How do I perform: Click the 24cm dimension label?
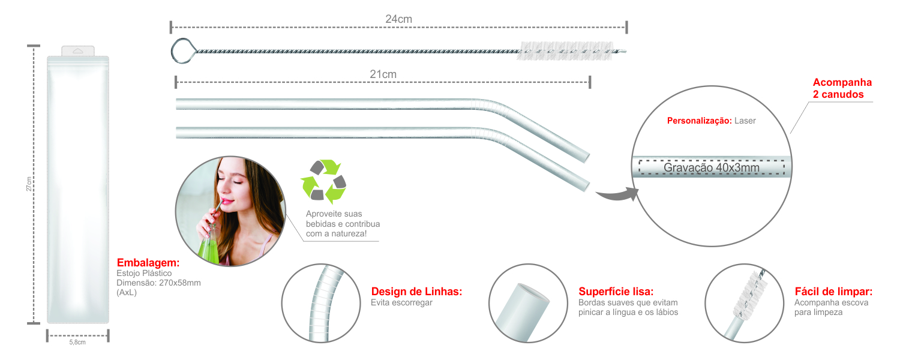[398, 19]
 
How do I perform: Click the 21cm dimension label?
[383, 74]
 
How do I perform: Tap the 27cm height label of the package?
[29, 184]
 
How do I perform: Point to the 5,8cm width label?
[77, 343]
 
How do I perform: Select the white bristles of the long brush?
[565, 51]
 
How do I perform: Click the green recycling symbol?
[323, 182]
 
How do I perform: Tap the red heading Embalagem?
[148, 263]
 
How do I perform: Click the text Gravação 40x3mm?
[711, 167]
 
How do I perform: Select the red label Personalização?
[700, 121]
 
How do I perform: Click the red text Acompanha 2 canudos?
[842, 88]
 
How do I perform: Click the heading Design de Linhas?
[416, 292]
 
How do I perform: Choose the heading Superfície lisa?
[616, 292]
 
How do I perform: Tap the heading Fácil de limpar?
[833, 292]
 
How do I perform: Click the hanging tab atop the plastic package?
[78, 51]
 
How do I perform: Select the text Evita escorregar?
[401, 303]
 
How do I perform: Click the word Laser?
[745, 121]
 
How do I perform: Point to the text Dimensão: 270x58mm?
[159, 283]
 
